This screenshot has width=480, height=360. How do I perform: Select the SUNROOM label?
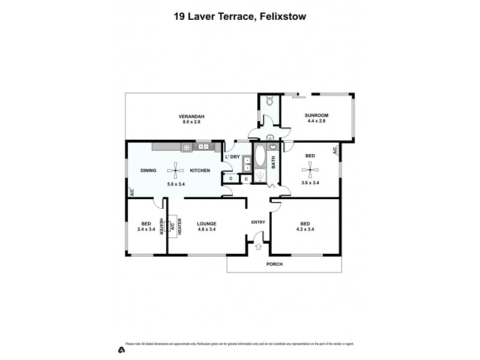[x=316, y=116]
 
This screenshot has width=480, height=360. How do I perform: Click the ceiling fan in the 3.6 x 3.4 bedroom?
[x=310, y=169]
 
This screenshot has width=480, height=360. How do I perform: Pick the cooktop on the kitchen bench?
[x=187, y=146]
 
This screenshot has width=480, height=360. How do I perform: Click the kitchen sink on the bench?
[x=203, y=146]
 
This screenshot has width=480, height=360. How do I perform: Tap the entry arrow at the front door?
[x=259, y=246]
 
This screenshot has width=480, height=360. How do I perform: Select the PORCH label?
[x=274, y=264]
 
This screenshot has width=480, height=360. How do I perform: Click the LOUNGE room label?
[x=206, y=223]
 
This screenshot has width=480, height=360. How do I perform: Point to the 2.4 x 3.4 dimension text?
[x=146, y=229]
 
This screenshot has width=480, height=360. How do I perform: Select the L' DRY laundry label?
[x=232, y=157]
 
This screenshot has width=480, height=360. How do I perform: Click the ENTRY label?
[x=259, y=223]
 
